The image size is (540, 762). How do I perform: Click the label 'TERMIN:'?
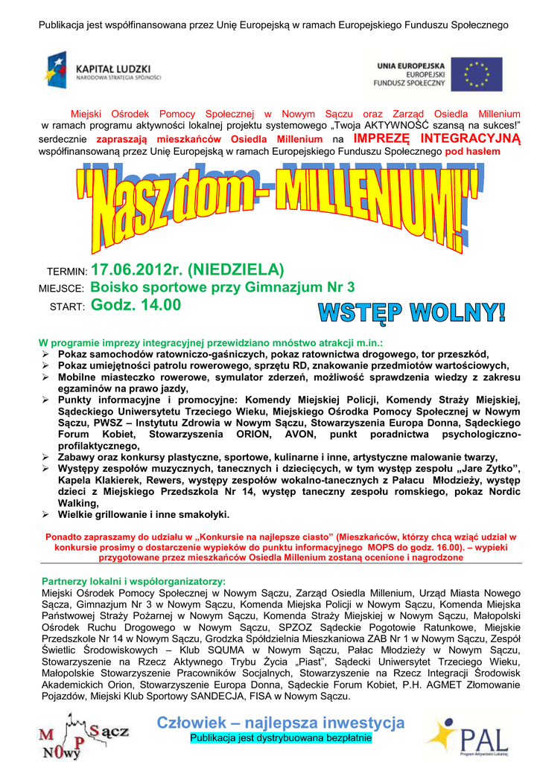(67, 272)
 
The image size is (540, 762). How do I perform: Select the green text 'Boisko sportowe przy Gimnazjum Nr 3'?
(222, 287)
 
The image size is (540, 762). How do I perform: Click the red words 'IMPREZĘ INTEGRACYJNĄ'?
(436, 139)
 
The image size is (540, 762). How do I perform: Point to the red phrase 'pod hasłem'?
(473, 152)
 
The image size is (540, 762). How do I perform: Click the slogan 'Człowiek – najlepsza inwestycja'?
(281, 723)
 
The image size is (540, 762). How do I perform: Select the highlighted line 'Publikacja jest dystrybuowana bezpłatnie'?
(281, 738)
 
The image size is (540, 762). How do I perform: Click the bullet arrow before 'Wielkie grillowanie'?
(45, 514)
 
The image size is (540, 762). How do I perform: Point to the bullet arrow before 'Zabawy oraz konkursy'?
(45, 457)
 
